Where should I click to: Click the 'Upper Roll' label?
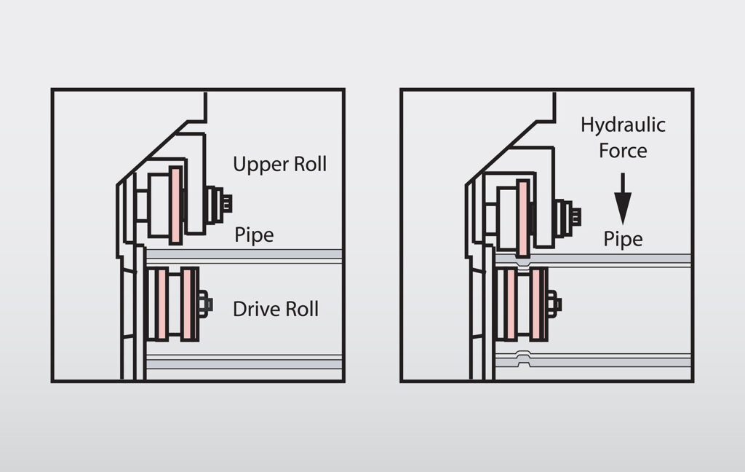pos(279,164)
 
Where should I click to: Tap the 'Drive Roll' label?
pos(275,309)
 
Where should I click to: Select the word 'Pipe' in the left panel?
pos(254,236)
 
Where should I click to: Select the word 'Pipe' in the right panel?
pos(623,239)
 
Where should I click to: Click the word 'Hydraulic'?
pos(623,125)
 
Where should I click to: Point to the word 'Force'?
pos(623,151)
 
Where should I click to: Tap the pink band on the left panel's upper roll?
pos(175,205)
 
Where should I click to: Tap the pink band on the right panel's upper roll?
pos(523,216)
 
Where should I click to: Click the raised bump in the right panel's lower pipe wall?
pos(522,355)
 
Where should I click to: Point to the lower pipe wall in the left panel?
pos(244,362)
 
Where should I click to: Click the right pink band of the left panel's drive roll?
pos(188,304)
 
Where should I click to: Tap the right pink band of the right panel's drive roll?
pos(536,304)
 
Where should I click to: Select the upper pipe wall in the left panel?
pos(244,253)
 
